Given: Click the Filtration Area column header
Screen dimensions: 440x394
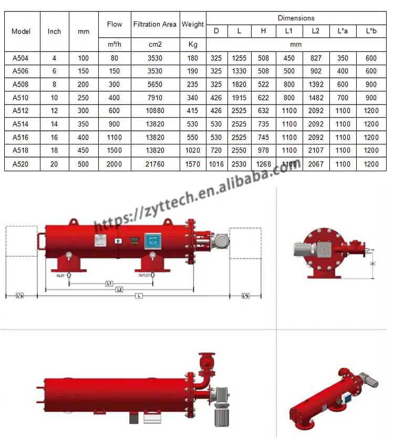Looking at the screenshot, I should pos(155,24).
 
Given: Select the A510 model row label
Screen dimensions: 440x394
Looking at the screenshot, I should pos(22,98).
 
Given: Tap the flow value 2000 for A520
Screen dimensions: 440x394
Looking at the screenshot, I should pos(115,164).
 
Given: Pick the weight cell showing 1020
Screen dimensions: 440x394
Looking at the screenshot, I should pos(193,151).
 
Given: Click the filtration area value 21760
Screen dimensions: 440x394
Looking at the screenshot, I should pos(155,164).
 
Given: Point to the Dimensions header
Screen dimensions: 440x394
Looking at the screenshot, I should pos(296,18).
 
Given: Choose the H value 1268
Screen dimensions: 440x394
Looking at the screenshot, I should pos(263,164).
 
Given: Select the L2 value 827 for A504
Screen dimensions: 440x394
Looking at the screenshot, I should pos(315,58).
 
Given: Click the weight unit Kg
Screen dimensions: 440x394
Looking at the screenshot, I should pos(193,45).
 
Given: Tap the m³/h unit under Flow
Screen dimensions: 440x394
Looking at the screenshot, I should pos(115,45).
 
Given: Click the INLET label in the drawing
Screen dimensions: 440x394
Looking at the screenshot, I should pos(61,275).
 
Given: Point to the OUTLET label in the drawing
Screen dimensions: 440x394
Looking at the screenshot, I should pos(144,275).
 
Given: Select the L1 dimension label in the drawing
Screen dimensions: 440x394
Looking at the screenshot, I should pos(109,283).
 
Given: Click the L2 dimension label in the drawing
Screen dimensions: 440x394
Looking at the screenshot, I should pos(120,289).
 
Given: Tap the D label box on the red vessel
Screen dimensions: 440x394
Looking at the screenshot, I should pos(118,240).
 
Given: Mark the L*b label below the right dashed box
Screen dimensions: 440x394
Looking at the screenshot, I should pos(245,296).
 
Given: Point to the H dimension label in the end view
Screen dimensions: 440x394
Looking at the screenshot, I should pos(372,264).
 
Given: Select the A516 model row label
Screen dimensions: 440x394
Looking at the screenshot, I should pos(22,138).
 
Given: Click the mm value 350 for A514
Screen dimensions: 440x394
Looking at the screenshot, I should pos(84,124).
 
